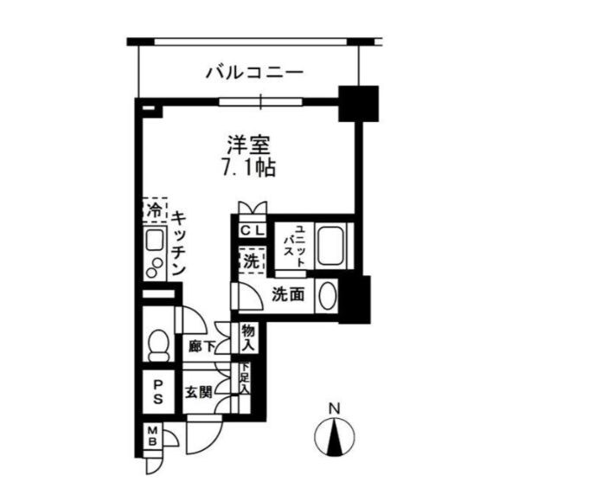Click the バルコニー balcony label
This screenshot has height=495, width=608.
(x=254, y=73)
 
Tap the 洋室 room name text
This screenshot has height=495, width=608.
(x=248, y=145)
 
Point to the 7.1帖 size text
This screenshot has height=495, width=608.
(x=248, y=168)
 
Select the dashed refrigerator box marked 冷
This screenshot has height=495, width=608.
(x=155, y=210)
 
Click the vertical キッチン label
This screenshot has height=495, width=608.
(x=178, y=243)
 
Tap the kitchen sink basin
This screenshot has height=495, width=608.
(x=156, y=240)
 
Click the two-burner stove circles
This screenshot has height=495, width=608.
(x=154, y=267)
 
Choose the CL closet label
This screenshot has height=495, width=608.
(x=252, y=231)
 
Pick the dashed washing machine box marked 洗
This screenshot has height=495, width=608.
(x=252, y=260)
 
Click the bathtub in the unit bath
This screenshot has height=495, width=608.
(x=330, y=246)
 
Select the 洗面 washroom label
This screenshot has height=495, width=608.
(x=287, y=295)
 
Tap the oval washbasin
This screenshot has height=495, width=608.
(x=328, y=295)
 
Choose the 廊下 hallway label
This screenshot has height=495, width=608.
(x=202, y=346)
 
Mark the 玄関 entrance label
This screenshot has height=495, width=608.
(x=199, y=393)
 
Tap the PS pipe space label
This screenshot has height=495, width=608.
(x=157, y=392)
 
